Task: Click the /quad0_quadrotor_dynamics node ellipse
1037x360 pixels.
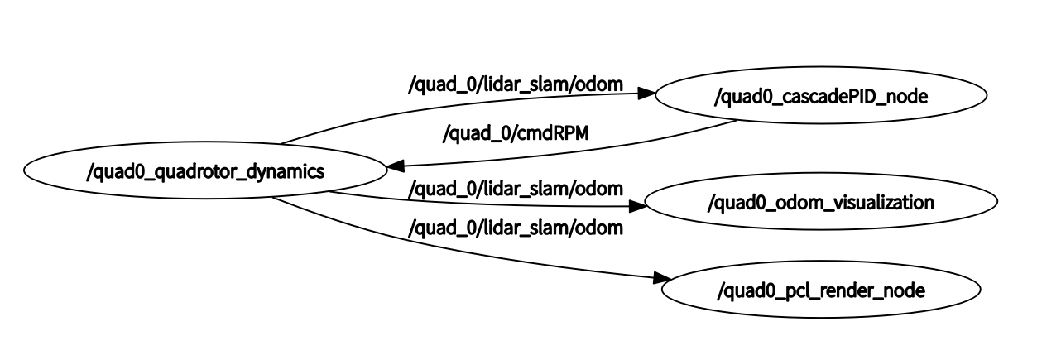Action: click(205, 172)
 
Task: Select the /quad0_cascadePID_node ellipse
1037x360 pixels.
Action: click(820, 96)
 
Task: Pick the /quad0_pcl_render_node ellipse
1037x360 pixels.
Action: click(820, 290)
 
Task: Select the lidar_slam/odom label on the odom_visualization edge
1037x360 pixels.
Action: click(516, 190)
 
